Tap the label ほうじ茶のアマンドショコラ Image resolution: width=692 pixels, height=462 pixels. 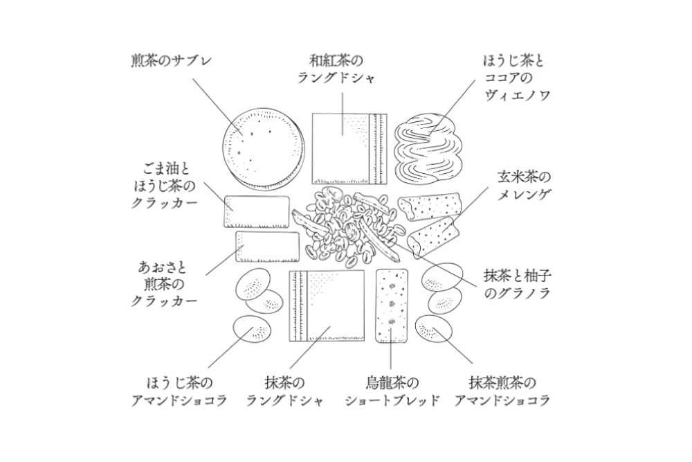(179, 392)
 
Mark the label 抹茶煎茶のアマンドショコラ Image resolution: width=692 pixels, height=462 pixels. (509, 392)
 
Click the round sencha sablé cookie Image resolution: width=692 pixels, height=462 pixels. (264, 147)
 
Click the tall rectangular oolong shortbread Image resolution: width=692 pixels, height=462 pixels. (392, 306)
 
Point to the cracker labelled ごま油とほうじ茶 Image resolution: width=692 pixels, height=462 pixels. (257, 212)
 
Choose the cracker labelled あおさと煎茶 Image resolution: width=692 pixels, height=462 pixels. (267, 247)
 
